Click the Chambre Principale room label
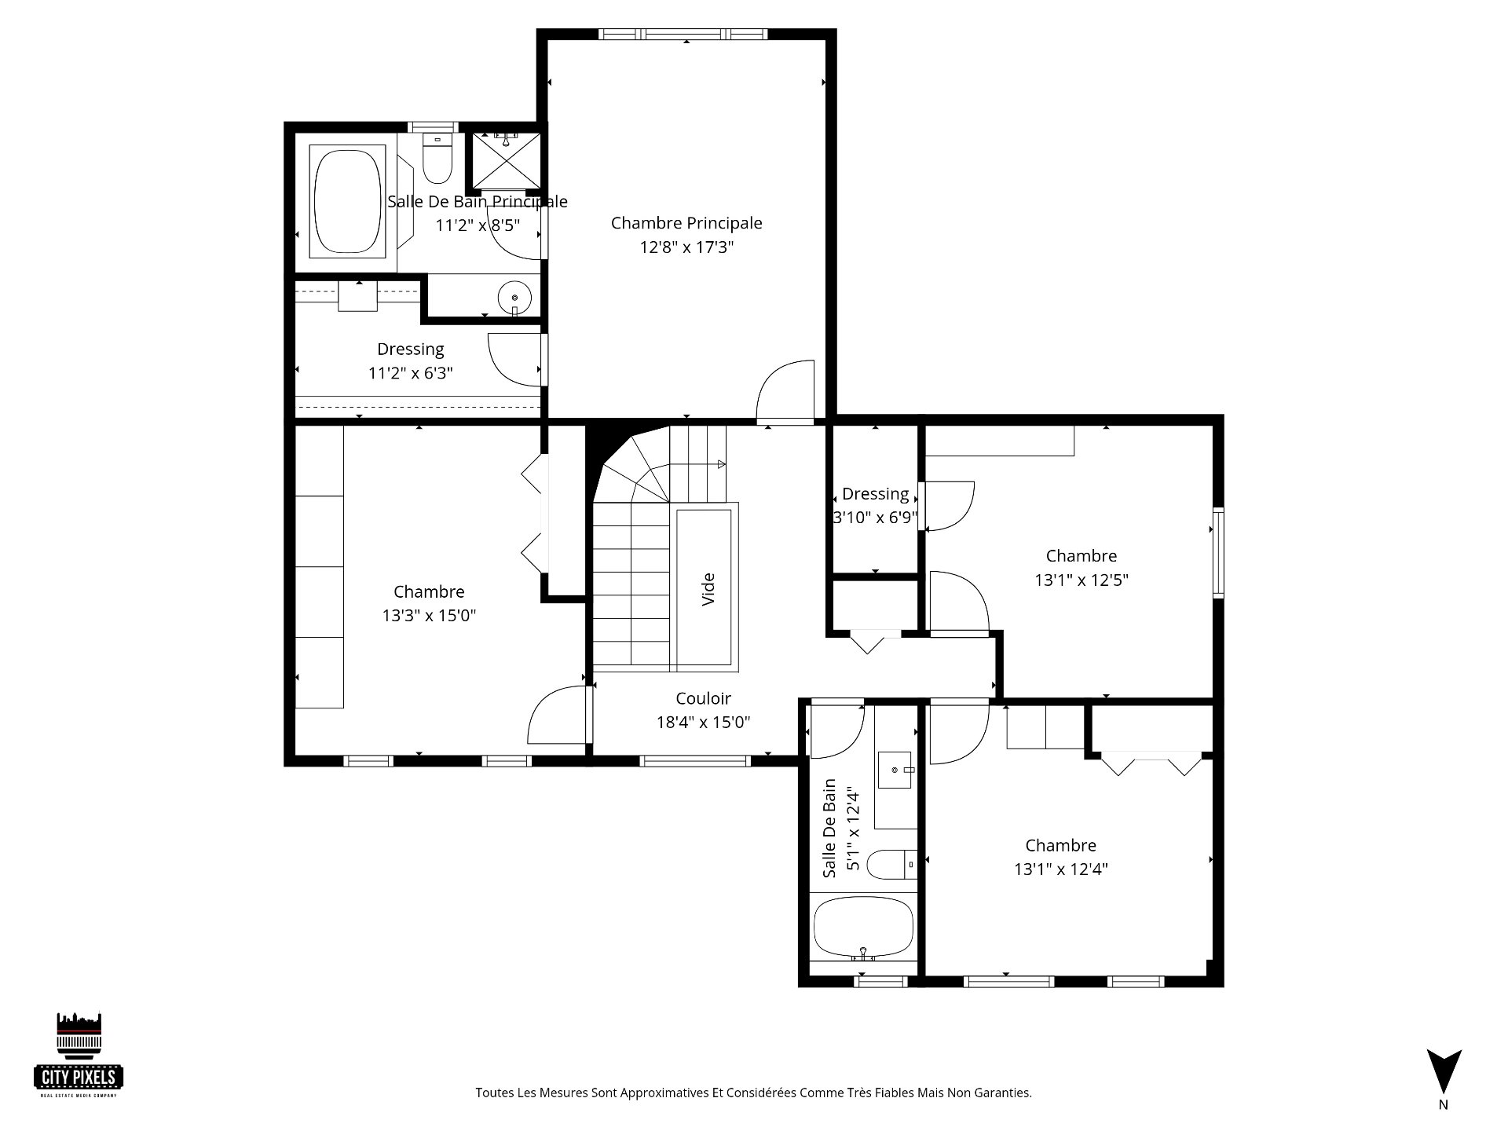pyautogui.click(x=686, y=223)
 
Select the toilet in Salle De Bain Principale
pyautogui.click(x=437, y=158)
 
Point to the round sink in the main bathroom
pyautogui.click(x=514, y=298)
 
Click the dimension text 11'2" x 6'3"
pyautogui.click(x=411, y=373)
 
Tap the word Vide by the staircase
pyautogui.click(x=708, y=589)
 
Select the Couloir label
pyautogui.click(x=703, y=698)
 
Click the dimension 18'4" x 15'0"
pyautogui.click(x=703, y=723)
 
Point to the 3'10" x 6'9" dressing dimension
pyautogui.click(x=876, y=518)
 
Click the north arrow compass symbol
pyautogui.click(x=1444, y=1071)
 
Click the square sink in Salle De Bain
pyautogui.click(x=896, y=769)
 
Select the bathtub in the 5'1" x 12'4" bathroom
pyautogui.click(x=863, y=928)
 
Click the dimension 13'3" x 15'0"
pyautogui.click(x=429, y=616)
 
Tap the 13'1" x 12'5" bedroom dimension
pyautogui.click(x=1082, y=580)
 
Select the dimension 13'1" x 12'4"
pyautogui.click(x=1060, y=869)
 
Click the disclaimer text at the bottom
pyautogui.click(x=753, y=1093)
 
